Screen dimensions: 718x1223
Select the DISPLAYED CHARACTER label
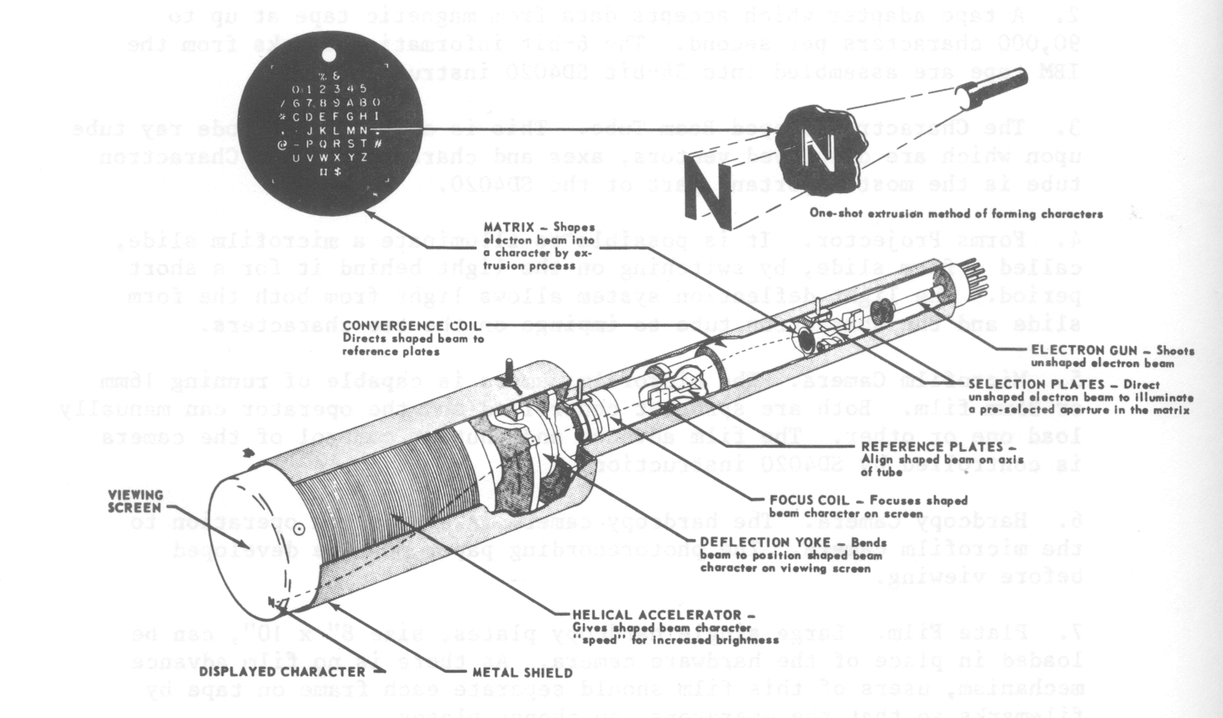coord(282,672)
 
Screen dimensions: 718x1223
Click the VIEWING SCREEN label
coord(135,501)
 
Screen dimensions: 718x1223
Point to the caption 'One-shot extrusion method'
coord(956,213)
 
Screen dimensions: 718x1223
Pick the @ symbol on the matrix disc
coord(284,144)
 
